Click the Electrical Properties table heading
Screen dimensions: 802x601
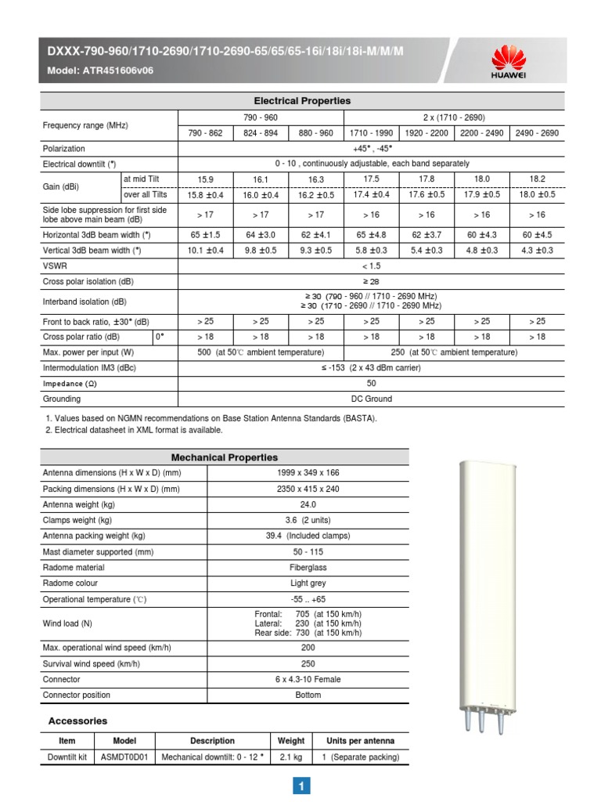click(302, 101)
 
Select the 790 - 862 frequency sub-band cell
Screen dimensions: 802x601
click(206, 133)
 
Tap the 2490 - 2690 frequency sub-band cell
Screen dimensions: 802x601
click(537, 133)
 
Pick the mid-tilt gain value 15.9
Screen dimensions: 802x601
click(206, 179)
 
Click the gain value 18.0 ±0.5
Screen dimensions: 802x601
click(537, 194)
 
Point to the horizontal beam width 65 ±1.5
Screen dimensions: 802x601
click(206, 235)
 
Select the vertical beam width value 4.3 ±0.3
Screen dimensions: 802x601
click(537, 251)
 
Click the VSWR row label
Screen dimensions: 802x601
click(54, 266)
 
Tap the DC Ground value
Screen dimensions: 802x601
click(371, 399)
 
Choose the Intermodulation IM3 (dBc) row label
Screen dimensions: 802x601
click(90, 367)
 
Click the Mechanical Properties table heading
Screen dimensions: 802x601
click(224, 457)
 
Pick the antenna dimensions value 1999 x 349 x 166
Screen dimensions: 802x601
click(308, 473)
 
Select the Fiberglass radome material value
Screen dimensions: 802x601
click(308, 567)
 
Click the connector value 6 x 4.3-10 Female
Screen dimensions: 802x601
click(308, 679)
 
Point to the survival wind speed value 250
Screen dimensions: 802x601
click(308, 663)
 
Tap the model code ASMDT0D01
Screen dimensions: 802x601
click(124, 757)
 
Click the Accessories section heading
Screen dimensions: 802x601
click(78, 721)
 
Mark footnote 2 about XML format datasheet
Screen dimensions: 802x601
click(134, 430)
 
